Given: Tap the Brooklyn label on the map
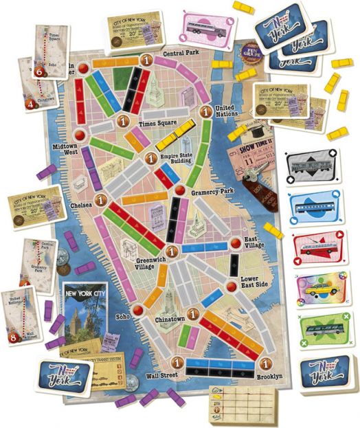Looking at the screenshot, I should coord(269,376).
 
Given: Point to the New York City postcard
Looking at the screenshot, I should coord(84,313).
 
